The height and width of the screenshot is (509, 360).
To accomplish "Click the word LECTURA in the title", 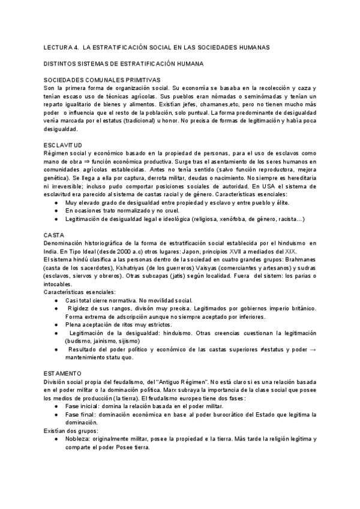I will click(x=58, y=46).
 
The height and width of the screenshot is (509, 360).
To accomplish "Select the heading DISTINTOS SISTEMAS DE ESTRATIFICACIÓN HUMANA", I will click(x=124, y=62).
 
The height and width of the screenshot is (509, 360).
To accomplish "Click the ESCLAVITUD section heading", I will click(x=63, y=145).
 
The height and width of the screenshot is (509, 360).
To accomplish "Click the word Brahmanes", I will click(x=298, y=258).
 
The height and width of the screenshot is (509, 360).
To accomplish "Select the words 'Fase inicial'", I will click(x=83, y=406).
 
